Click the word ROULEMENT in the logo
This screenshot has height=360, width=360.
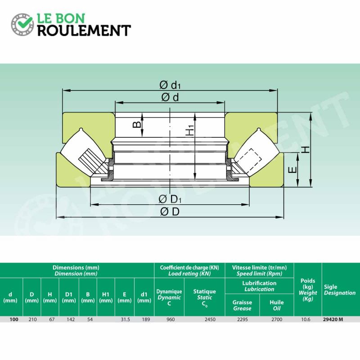(x=84, y=30)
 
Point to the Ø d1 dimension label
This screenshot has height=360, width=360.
(x=170, y=85)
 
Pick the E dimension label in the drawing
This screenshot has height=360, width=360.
(x=292, y=170)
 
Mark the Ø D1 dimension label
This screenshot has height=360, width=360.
(x=170, y=199)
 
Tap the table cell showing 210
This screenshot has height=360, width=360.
(x=31, y=319)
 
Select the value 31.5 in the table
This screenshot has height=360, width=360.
(x=124, y=319)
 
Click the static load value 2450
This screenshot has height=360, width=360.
(x=210, y=319)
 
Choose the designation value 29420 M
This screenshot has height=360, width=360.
(x=333, y=319)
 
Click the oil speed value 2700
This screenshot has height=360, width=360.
(x=276, y=319)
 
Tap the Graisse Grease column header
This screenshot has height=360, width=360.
(x=242, y=306)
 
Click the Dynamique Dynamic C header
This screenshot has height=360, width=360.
(x=169, y=297)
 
